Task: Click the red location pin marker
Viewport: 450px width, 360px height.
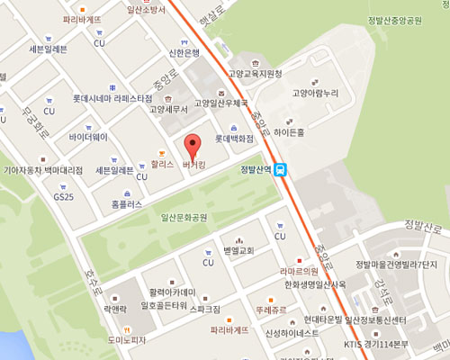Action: pos(190,145)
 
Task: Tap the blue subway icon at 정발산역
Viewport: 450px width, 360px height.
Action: pos(282,168)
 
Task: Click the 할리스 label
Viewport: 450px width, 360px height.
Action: pos(161,166)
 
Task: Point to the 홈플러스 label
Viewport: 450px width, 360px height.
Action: pos(126,204)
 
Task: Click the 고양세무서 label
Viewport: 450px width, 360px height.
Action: pos(168,110)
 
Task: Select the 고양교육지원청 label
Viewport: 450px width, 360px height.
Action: pos(255,74)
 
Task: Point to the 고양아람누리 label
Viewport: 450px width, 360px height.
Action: pos(314,93)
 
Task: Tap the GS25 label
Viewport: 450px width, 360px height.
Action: pos(64,196)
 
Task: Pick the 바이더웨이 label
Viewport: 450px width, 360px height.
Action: pos(87,138)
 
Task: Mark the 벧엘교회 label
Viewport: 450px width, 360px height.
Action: pos(238,251)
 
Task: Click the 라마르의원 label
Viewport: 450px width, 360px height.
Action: pos(299,270)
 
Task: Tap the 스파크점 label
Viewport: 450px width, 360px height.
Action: pos(203,309)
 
